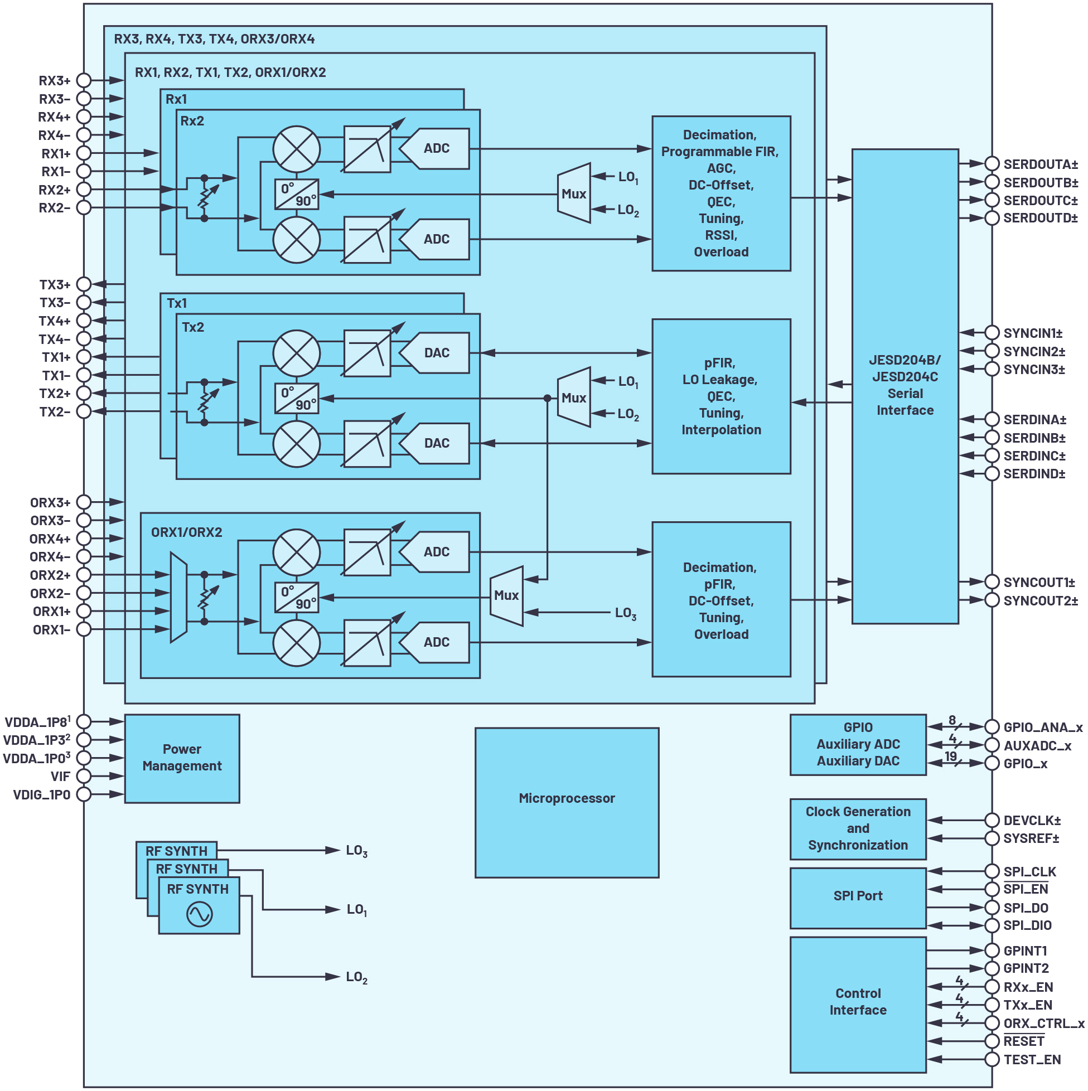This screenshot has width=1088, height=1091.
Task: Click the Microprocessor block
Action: point(566,802)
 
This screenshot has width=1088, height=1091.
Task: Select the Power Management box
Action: point(181,758)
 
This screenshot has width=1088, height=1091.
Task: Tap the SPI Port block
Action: point(857,898)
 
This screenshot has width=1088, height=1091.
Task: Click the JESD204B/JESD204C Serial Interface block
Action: point(905,386)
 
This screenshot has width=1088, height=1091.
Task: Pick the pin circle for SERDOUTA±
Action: point(992,164)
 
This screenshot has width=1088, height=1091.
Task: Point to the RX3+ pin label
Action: point(54,81)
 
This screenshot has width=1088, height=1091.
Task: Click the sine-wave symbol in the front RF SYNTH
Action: point(199,914)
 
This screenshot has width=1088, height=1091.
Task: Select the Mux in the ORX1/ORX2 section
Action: point(506,596)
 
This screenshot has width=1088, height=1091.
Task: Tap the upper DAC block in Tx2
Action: point(436,353)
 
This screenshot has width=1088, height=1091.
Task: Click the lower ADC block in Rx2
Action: point(436,239)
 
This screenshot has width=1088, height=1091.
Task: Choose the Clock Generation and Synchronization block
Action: point(857,828)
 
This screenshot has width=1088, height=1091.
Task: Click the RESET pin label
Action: point(1023,1041)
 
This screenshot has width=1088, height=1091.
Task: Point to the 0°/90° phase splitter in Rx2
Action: point(297,194)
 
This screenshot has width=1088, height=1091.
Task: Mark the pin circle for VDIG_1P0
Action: point(84,794)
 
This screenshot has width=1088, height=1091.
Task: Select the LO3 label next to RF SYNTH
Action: point(356,852)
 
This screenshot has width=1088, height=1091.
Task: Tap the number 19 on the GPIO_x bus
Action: point(950,756)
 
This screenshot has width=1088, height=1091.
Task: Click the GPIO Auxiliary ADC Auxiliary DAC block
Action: point(857,745)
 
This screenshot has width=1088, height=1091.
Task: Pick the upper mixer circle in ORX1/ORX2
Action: point(296,552)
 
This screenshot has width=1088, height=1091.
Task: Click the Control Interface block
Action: point(857,1002)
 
